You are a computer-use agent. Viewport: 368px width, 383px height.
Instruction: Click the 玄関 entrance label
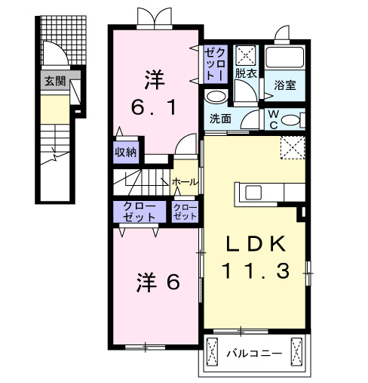pos(54,82)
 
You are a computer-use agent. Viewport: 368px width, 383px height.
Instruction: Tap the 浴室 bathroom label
pos(284,85)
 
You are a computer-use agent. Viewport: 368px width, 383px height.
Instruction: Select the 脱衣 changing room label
pos(246,73)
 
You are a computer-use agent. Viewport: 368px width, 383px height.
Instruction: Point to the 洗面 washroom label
pos(220,119)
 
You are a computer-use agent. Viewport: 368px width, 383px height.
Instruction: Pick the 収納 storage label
pos(126,152)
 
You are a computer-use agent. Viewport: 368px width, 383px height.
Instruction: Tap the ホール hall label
pos(186,182)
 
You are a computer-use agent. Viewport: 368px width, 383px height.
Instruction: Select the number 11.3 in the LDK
pos(256,270)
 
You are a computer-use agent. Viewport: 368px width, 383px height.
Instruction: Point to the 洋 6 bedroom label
pos(158,283)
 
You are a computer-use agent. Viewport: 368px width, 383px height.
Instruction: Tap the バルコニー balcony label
pos(256,354)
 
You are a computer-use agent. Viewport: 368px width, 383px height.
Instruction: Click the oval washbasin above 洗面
pos(216,97)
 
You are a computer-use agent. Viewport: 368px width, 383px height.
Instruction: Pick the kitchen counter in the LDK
pos(268,193)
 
